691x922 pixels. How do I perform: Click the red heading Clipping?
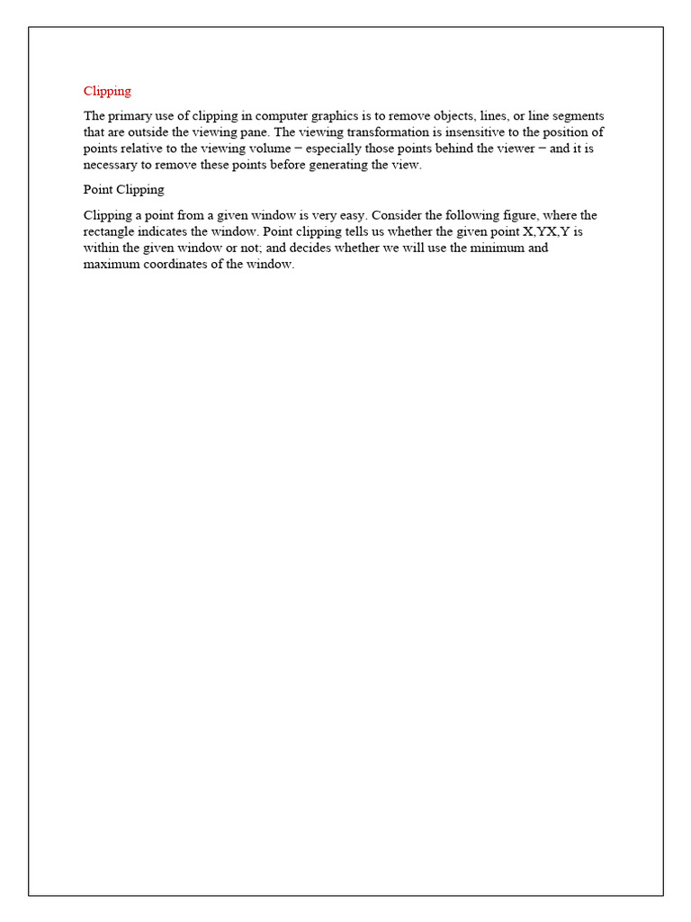coord(107,91)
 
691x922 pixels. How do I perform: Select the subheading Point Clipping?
coord(123,190)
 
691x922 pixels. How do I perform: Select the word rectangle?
coord(111,232)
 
